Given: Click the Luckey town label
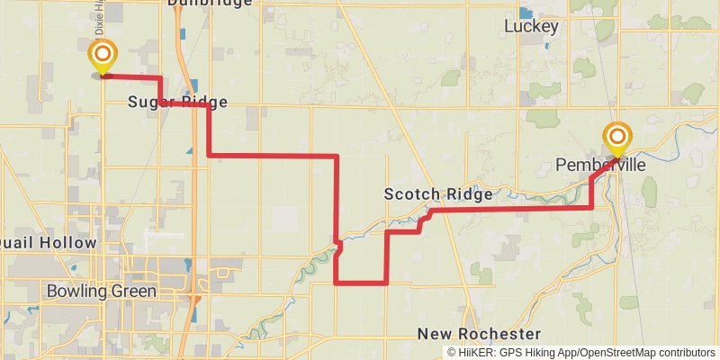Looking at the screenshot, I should pos(531,26).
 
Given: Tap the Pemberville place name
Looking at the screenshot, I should pos(602,166).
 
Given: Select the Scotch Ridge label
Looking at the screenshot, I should pos(438,194).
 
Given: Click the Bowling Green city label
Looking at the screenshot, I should pos(101,292).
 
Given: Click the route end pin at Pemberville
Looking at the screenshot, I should pos(617,139).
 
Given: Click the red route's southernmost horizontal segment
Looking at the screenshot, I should pos(361,283).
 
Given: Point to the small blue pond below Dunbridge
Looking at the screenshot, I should pos(183,34).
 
